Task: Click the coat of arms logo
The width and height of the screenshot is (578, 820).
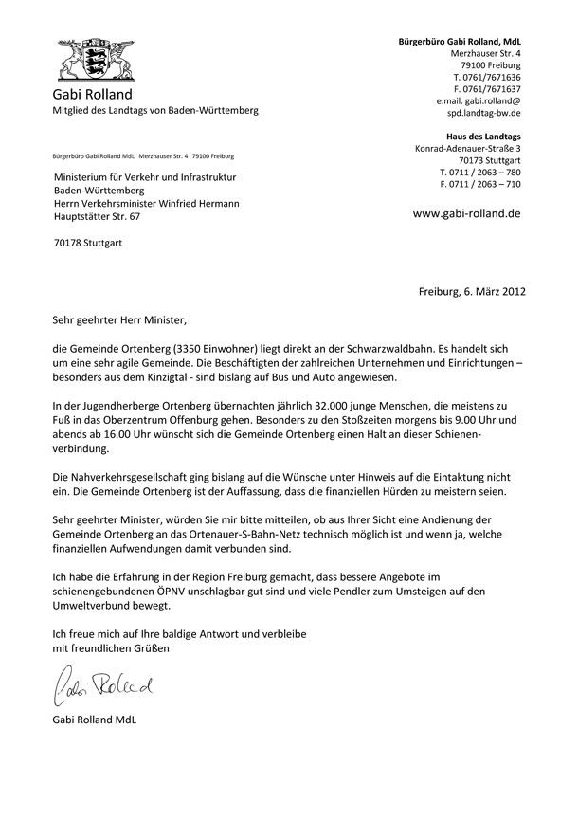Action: pyautogui.click(x=94, y=60)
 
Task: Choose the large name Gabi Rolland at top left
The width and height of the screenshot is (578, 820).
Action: pyautogui.click(x=92, y=96)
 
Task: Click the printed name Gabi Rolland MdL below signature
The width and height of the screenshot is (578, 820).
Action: pyautogui.click(x=95, y=720)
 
